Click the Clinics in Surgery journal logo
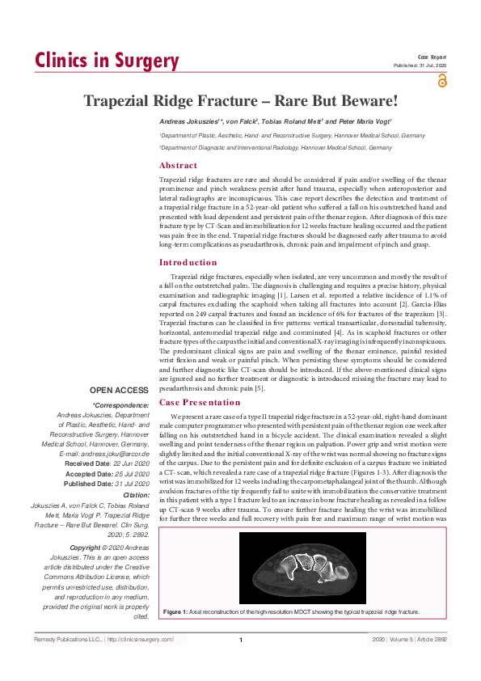click(x=106, y=61)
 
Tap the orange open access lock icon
click(x=441, y=80)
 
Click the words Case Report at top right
click(x=432, y=57)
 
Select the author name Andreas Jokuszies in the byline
click(x=190, y=121)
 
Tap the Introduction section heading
click(x=188, y=262)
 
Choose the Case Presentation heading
click(x=199, y=402)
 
